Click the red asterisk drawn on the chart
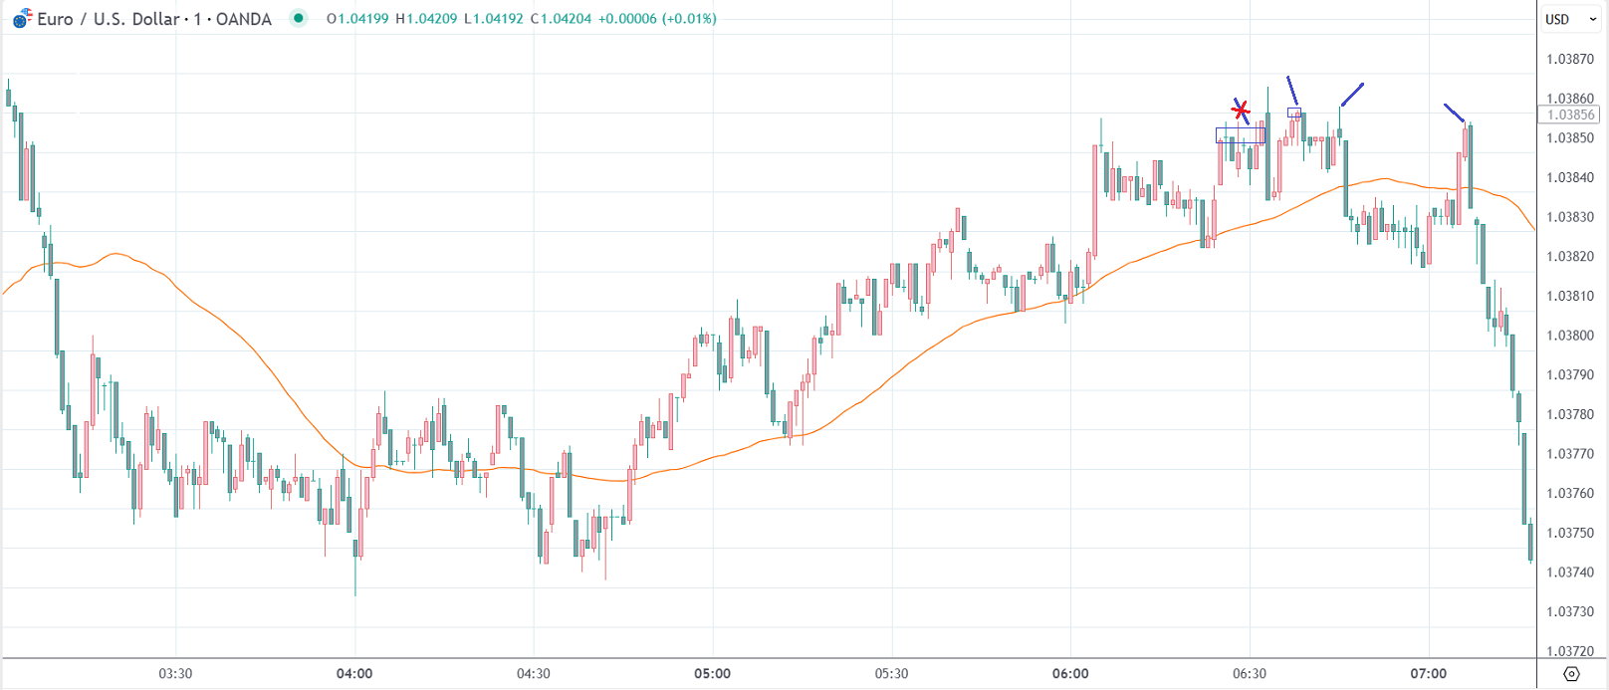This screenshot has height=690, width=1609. (x=1240, y=110)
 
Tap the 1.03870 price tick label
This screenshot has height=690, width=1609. (x=1570, y=59)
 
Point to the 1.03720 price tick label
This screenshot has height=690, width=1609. (x=1570, y=651)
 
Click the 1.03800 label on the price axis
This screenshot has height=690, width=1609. (x=1570, y=336)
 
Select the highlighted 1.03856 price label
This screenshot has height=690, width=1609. (x=1570, y=115)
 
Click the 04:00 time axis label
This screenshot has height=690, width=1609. (x=354, y=673)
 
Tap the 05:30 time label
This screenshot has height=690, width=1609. (x=891, y=673)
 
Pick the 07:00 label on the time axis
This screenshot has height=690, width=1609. (x=1428, y=673)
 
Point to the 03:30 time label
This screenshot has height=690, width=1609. (x=175, y=673)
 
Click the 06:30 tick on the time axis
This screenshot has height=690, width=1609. (x=1250, y=673)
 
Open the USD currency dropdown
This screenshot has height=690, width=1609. (x=1571, y=19)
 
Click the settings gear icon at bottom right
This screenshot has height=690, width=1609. (x=1571, y=674)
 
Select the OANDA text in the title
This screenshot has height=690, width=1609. (x=243, y=19)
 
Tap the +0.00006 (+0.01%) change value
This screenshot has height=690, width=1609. (x=657, y=19)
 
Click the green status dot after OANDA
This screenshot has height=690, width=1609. (x=298, y=18)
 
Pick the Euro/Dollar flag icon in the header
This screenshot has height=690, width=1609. (x=22, y=19)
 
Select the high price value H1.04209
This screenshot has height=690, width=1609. (x=427, y=19)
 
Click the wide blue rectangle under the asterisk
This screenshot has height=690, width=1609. (x=1241, y=135)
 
